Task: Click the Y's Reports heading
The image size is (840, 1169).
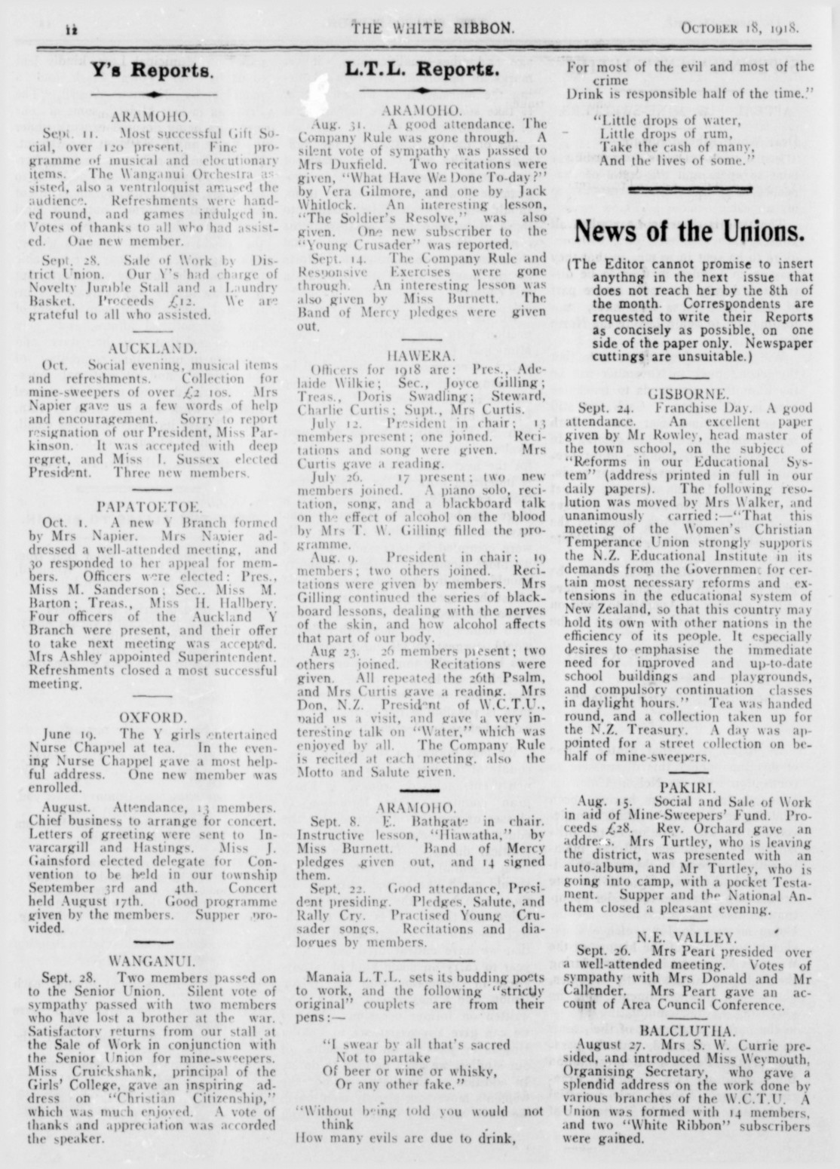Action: (152, 71)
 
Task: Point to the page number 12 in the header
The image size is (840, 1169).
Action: (72, 30)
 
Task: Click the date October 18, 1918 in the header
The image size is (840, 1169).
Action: (739, 29)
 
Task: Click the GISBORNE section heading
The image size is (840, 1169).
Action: (688, 393)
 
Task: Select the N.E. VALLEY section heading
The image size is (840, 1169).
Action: (688, 937)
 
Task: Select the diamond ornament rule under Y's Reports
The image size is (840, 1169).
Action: (152, 94)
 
